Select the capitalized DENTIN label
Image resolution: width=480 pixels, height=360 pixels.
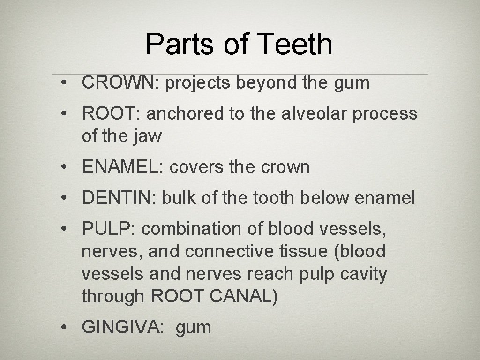[x=119, y=198]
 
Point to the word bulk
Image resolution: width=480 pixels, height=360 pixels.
[x=179, y=198]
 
